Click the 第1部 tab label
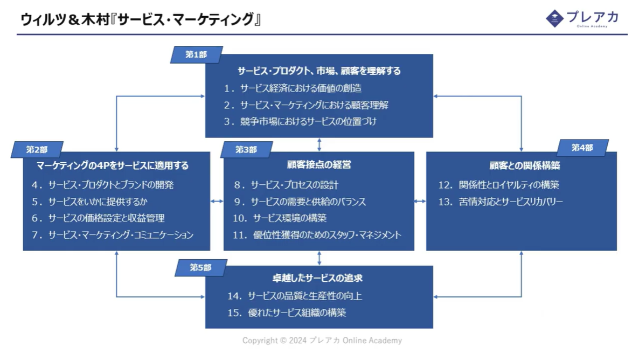196,55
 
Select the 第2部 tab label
37,150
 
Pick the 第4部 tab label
582,148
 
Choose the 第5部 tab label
200,268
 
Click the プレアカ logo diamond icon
554,18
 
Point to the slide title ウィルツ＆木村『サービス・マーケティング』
141,20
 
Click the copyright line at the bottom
322,341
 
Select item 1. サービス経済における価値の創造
293,88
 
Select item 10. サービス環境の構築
280,218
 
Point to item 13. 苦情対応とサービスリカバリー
501,202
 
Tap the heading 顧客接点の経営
319,165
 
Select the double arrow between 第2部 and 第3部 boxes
217,201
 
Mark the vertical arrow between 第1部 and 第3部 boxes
319,144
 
